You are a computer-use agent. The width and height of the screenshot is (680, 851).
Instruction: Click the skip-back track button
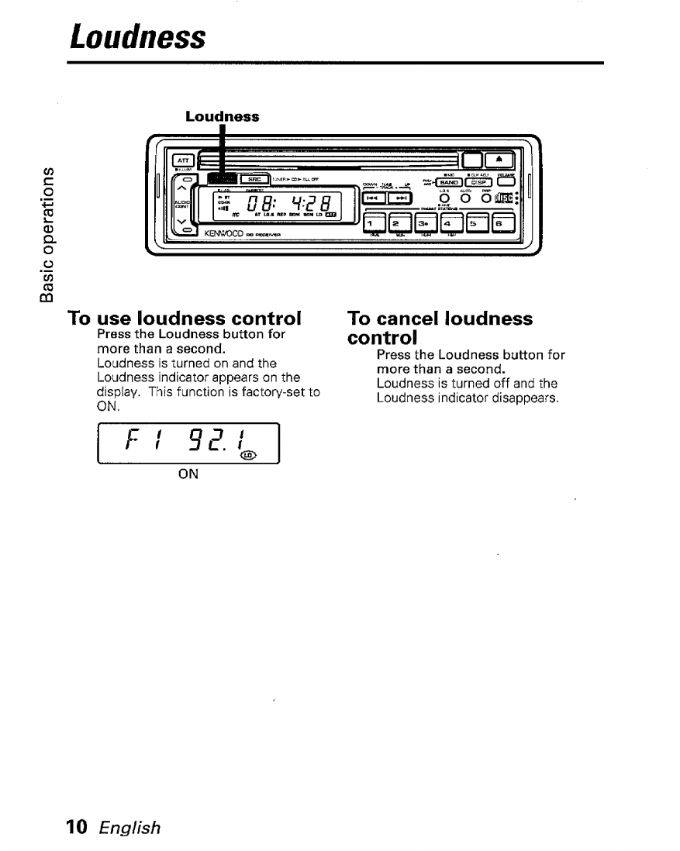(x=379, y=199)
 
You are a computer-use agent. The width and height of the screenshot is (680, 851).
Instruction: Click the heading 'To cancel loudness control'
(x=440, y=329)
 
